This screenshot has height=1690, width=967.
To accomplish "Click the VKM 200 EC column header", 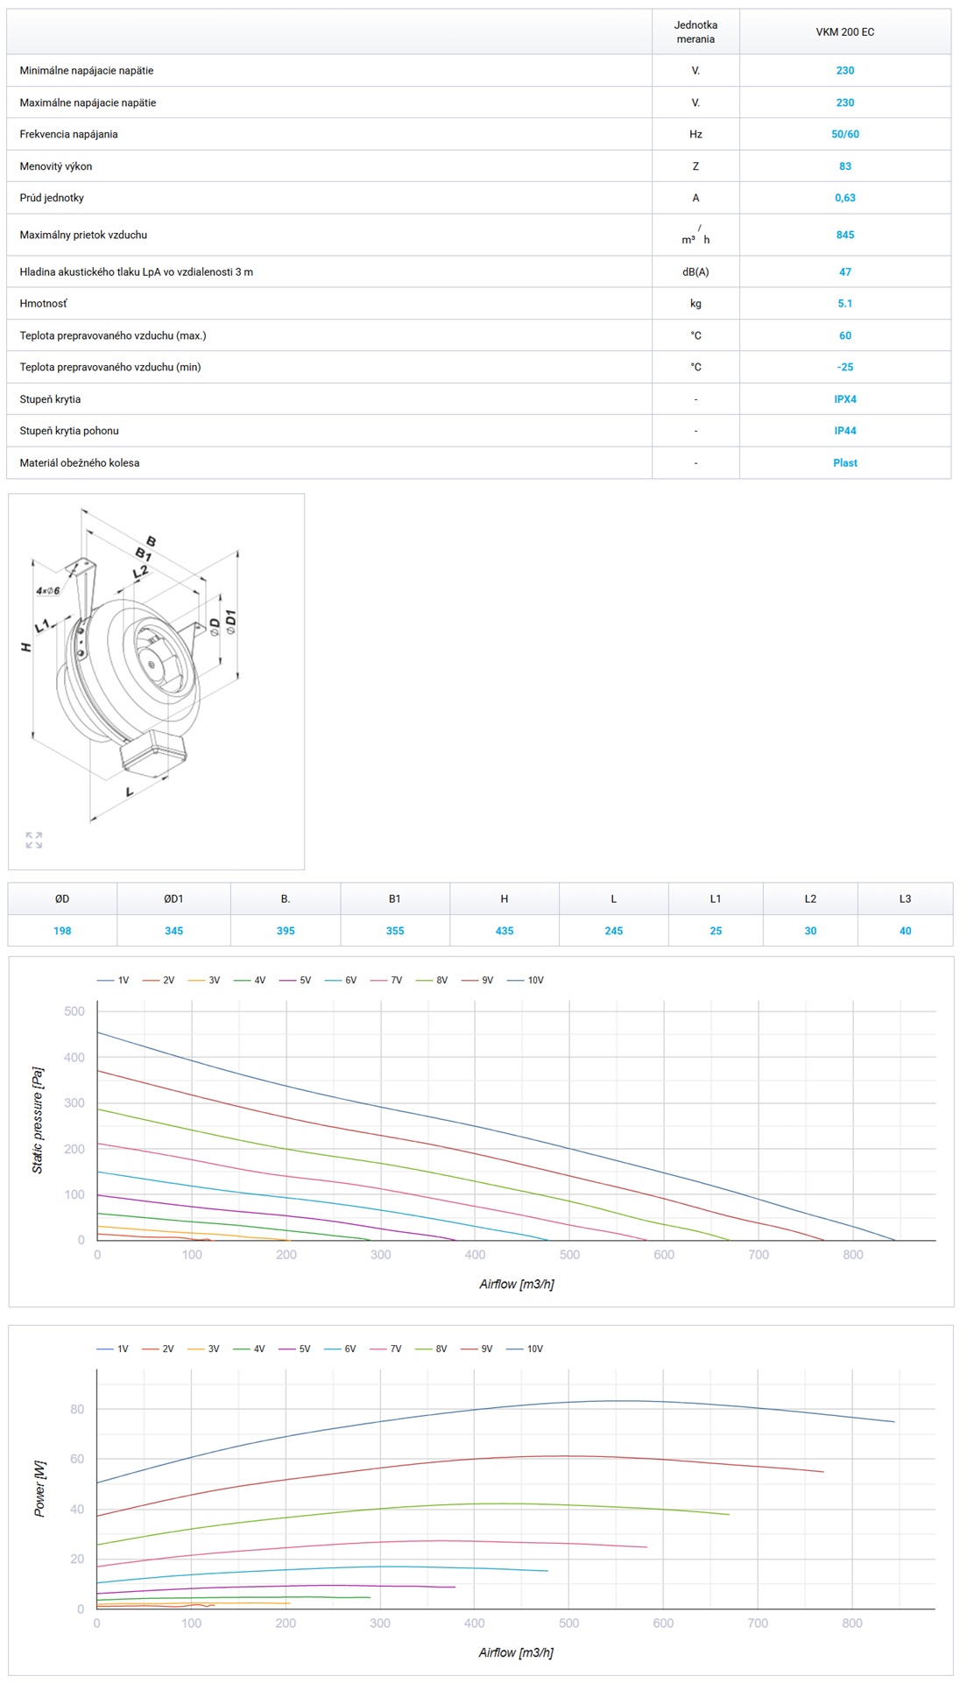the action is [844, 32].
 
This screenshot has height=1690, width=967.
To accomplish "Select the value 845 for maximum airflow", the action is [844, 235].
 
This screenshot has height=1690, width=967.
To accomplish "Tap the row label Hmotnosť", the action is [43, 303].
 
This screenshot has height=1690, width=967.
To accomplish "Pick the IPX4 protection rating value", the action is [844, 398].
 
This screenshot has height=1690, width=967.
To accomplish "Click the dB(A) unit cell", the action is [695, 271].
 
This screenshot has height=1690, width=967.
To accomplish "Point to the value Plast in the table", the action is [844, 462].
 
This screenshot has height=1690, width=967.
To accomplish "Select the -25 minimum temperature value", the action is [844, 367].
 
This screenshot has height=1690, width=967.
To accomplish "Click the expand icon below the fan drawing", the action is [34, 840].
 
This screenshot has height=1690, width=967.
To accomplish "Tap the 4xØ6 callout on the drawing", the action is [47, 591].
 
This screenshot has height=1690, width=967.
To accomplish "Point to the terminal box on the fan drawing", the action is [154, 752].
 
